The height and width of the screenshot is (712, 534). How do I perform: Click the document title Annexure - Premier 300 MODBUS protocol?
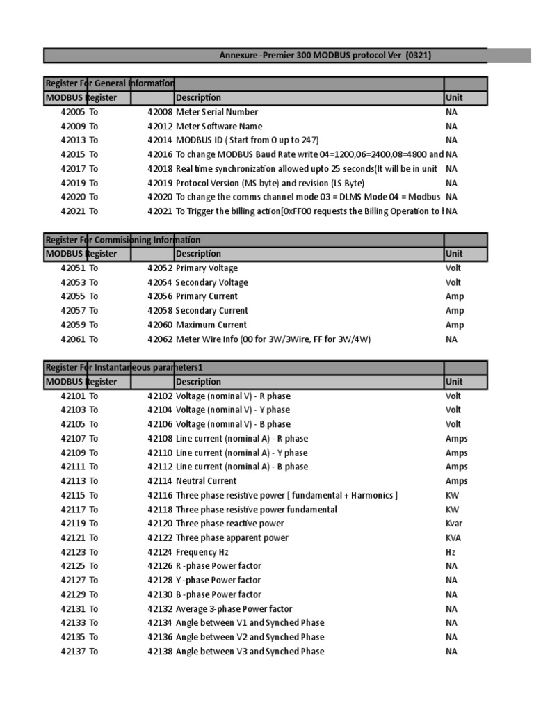point(325,56)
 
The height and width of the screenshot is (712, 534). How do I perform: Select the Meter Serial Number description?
point(216,112)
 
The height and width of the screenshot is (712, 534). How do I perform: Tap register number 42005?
point(72,112)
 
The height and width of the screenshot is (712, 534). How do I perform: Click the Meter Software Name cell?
point(218,127)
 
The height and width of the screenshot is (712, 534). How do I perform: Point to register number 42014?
point(159,140)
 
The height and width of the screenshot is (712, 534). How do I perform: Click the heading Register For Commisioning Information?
point(123,240)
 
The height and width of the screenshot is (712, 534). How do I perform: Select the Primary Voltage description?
point(207,268)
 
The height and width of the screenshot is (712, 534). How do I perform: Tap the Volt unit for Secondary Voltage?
point(453,282)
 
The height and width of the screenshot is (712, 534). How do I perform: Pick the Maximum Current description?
point(211,325)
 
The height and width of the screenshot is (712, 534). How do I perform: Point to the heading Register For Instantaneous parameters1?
point(124,367)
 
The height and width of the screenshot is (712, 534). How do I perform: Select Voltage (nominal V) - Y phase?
point(233,410)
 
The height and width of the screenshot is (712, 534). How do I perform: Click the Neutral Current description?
point(206,481)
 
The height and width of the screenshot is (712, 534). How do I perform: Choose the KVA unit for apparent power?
point(453,537)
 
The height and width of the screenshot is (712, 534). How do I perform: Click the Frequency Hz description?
point(202,552)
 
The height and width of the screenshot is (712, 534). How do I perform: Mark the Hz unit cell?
point(451,552)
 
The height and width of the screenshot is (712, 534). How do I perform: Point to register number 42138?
point(159,652)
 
